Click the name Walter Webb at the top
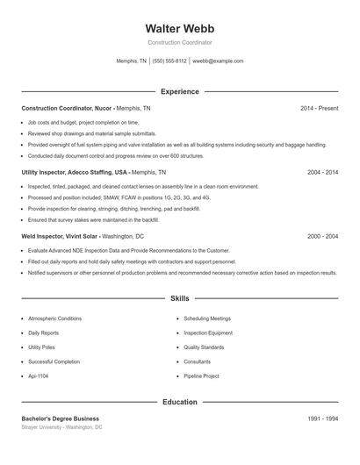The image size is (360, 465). pyautogui.click(x=180, y=28)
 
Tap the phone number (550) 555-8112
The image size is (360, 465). pyautogui.click(x=169, y=61)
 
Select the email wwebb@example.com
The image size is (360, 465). pyautogui.click(x=218, y=61)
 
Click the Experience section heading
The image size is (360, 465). pyautogui.click(x=180, y=91)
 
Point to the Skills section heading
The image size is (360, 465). pyautogui.click(x=180, y=299)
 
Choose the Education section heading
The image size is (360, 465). pyautogui.click(x=180, y=402)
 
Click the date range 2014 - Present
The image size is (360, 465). pyautogui.click(x=319, y=108)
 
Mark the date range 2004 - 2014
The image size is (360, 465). pyautogui.click(x=322, y=173)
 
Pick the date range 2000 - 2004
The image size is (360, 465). pyautogui.click(x=322, y=237)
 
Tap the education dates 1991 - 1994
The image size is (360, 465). pyautogui.click(x=322, y=418)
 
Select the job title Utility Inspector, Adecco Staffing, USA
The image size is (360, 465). pyautogui.click(x=74, y=173)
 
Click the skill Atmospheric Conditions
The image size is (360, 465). pyautogui.click(x=54, y=318)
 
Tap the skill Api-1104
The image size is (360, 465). pyautogui.click(x=39, y=376)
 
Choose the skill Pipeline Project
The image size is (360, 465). pyautogui.click(x=203, y=376)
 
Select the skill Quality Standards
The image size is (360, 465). pyautogui.click(x=205, y=347)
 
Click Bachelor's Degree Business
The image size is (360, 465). pyautogui.click(x=60, y=418)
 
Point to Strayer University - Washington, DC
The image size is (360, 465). pyautogui.click(x=61, y=427)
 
